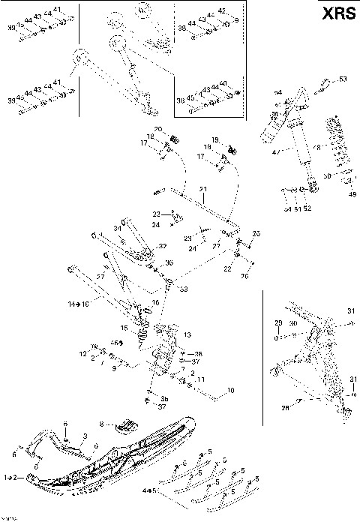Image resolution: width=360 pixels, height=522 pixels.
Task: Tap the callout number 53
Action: click(x=343, y=79)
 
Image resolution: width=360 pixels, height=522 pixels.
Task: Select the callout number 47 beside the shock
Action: click(x=275, y=152)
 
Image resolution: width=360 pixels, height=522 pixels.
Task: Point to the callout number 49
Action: click(x=352, y=195)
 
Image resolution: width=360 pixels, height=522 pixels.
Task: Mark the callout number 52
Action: click(x=307, y=208)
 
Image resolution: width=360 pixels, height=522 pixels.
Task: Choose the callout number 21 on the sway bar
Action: click(x=202, y=188)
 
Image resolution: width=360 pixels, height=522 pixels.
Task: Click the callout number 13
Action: click(x=187, y=334)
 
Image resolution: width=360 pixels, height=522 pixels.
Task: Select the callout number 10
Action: click(x=230, y=390)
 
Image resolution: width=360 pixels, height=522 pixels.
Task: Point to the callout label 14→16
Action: click(x=78, y=305)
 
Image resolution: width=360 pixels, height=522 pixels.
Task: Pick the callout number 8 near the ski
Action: click(x=102, y=423)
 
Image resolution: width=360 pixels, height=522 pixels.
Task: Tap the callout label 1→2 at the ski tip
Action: click(x=11, y=477)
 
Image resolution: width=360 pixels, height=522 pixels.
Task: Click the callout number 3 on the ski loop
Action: click(x=85, y=436)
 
